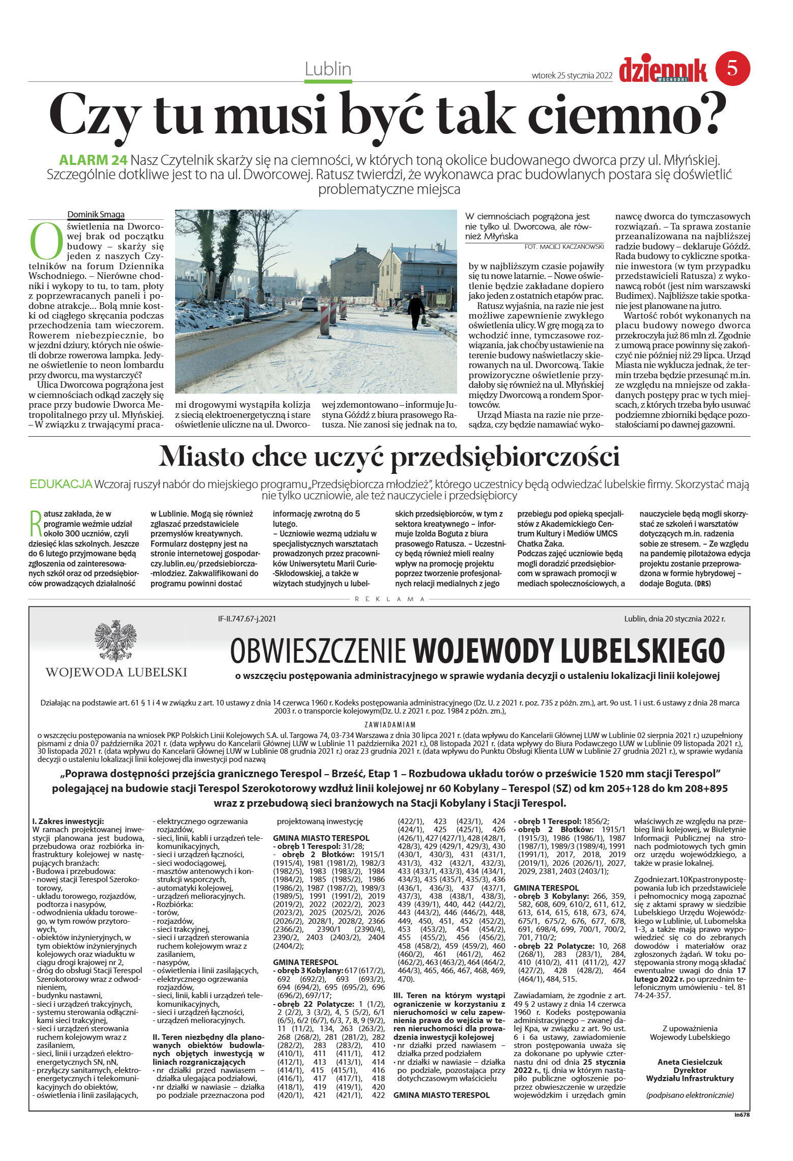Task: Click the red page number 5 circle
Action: tap(733, 69)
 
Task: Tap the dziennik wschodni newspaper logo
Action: tap(663, 70)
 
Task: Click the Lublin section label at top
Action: tap(328, 69)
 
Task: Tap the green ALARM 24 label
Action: tap(93, 160)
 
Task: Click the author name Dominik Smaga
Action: tap(96, 214)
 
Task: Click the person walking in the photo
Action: tap(416, 310)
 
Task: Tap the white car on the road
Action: tap(308, 303)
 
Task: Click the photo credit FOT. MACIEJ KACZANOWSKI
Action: tap(563, 246)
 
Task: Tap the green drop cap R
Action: tap(35, 523)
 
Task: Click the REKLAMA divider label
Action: tap(389, 599)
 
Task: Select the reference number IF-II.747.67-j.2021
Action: tap(247, 619)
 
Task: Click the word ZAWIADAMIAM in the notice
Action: tap(390, 724)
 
